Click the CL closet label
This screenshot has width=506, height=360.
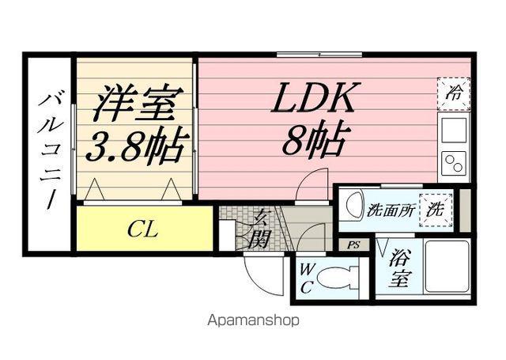(142, 231)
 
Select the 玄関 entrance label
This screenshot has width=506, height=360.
(259, 229)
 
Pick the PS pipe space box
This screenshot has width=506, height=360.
(353, 245)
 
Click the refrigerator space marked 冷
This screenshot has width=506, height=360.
(455, 92)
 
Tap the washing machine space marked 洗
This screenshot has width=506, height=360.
(434, 210)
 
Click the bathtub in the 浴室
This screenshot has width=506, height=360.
(447, 268)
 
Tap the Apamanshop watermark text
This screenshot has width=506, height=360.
(253, 322)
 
